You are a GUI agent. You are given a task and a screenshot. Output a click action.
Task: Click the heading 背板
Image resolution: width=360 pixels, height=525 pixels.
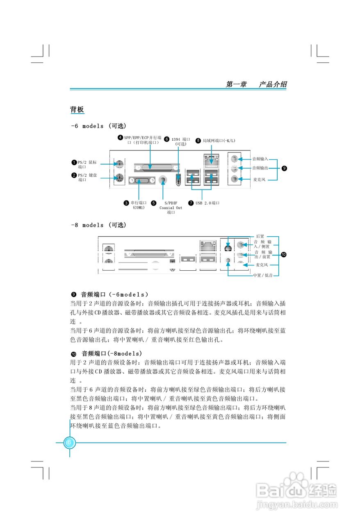coord(77,110)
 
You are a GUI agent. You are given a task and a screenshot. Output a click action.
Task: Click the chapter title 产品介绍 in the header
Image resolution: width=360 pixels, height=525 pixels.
coord(273,84)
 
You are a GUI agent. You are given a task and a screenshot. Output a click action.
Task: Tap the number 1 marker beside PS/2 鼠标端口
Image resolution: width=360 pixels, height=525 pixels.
coord(74,162)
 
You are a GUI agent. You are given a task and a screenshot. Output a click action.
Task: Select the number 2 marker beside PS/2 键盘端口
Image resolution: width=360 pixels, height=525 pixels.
coord(74,176)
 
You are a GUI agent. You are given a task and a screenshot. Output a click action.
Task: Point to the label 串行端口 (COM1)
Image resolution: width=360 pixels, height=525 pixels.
coord(139,205)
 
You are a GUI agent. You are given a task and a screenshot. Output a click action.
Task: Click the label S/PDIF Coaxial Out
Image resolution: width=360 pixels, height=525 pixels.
coord(171,207)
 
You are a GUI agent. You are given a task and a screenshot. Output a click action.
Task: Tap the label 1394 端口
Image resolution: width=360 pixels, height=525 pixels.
coord(180,142)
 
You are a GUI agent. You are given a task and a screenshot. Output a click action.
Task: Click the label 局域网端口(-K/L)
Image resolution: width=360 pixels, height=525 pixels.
coord(219,140)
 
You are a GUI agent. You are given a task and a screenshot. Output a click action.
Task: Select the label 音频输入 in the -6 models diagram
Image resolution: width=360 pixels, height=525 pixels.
coord(260,159)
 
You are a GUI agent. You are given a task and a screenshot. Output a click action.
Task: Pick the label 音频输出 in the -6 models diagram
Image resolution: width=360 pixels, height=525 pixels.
coord(260,168)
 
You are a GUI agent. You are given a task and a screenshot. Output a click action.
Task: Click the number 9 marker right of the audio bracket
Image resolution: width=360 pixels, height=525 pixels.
coord(285,168)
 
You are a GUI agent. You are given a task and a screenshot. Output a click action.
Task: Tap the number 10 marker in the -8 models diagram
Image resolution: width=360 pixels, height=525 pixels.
coord(284,255)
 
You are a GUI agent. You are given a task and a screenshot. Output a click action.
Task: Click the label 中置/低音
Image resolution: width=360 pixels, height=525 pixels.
coord(262,275)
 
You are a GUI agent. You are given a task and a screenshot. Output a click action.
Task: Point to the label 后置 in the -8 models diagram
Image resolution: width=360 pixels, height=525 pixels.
coord(260,236)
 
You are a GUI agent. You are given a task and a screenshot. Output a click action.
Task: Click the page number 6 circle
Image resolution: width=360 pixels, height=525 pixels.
coord(69,443)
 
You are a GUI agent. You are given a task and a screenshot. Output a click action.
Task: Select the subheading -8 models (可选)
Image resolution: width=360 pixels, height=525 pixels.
coord(98,225)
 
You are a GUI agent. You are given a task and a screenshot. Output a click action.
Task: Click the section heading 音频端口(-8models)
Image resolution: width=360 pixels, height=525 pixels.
coord(112,353)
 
